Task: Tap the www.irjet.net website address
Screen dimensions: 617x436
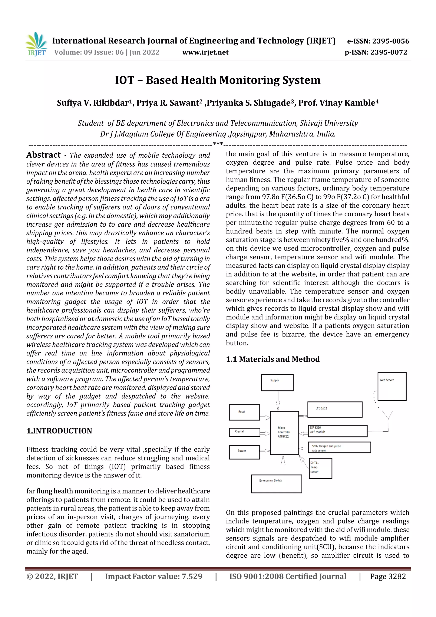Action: coord(205,52)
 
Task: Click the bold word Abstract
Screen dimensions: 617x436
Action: coord(43,155)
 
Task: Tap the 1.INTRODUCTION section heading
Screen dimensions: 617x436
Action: coord(59,431)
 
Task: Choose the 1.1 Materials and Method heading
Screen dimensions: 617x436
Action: coord(273,359)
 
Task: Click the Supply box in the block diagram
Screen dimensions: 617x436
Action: coord(277,382)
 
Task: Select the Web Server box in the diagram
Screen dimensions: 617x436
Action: coord(392,386)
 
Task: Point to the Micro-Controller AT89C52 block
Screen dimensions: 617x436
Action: coord(284,433)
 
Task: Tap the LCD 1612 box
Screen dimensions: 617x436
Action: coord(334,409)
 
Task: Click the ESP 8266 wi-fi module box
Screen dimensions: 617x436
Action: coord(337,431)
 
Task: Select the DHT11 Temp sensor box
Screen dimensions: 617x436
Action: coord(320,468)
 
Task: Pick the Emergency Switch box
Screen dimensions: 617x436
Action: coord(276,484)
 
